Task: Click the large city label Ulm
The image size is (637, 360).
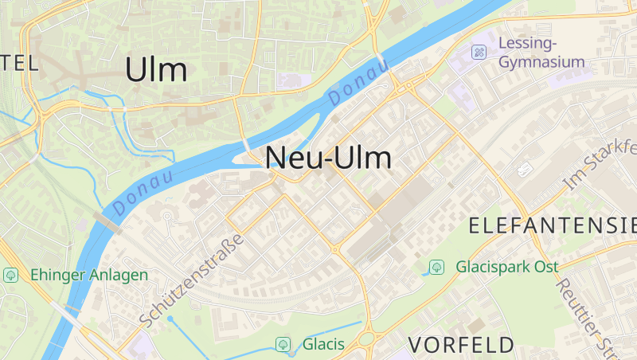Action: (156, 70)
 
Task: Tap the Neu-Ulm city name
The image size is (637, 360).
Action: (328, 158)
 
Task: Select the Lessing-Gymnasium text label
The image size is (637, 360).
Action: (541, 52)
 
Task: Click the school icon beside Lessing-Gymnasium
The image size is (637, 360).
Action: (479, 52)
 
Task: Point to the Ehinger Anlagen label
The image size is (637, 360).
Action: (89, 275)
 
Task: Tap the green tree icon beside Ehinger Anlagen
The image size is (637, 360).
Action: (11, 275)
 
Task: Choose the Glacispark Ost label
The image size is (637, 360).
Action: (506, 267)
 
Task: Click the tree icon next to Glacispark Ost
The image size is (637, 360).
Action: (436, 267)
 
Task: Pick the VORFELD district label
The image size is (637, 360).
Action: (462, 344)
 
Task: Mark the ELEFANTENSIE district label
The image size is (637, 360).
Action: (553, 225)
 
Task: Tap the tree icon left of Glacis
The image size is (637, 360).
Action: (282, 344)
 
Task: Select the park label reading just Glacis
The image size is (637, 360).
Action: (323, 344)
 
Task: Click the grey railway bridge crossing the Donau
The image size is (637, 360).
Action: (107, 221)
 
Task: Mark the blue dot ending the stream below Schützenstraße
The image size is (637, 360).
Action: (170, 319)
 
